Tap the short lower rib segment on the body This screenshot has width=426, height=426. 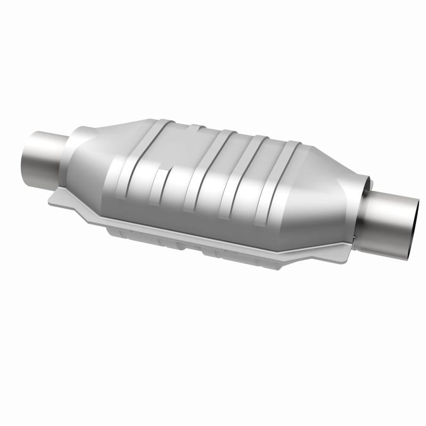pyautogui.click(x=155, y=189)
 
